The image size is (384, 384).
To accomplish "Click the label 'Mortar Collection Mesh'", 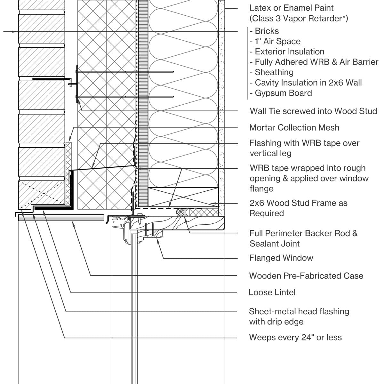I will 294,127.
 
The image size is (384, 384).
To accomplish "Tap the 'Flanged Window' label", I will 281,258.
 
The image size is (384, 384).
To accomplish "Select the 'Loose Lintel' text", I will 272,292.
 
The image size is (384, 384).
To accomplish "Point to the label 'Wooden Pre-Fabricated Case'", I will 306,276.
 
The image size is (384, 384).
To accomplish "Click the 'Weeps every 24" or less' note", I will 295,337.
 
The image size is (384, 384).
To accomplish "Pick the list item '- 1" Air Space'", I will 275,41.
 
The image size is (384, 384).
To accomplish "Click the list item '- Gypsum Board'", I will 281,93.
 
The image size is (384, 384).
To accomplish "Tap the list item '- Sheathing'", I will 271,72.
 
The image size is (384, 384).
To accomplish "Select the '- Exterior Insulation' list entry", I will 287,52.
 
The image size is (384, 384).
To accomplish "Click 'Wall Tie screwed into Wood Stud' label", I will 313,111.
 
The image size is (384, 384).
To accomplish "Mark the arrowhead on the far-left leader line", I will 14,32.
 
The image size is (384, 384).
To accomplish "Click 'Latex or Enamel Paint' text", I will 291,8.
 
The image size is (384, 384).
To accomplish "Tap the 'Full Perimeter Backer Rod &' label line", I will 303,233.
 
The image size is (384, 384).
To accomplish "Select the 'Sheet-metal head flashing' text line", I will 299,311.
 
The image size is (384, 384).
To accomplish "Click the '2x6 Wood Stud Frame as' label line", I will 298,203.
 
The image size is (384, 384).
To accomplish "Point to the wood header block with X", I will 183,197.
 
